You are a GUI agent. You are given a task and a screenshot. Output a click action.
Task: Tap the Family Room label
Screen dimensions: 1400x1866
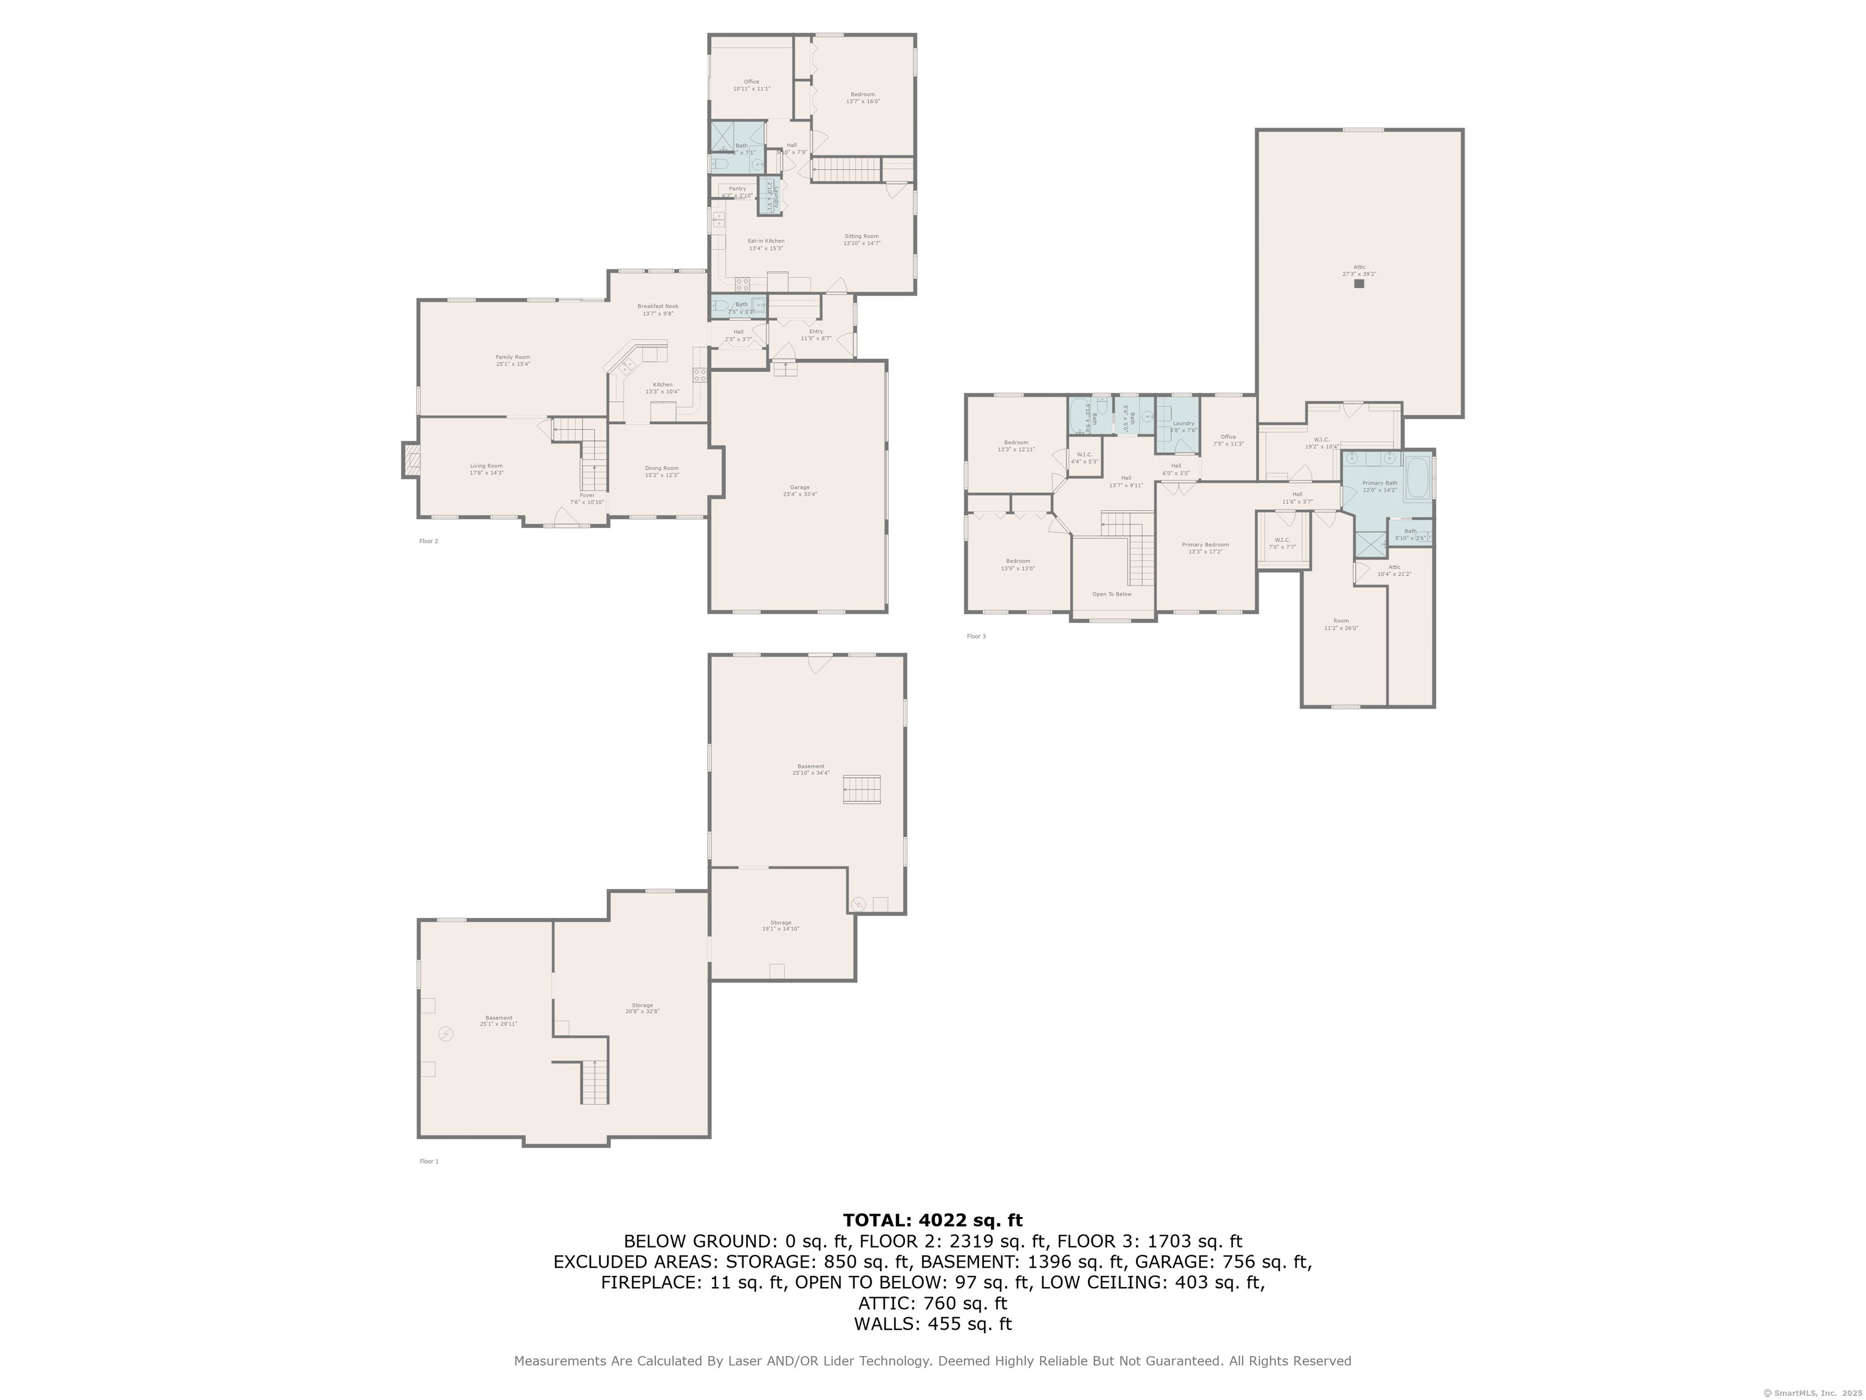tap(512, 360)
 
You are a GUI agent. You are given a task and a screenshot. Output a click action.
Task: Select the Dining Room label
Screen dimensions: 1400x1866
tap(661, 471)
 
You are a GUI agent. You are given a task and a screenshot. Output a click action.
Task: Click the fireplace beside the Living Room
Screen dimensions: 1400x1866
tap(411, 460)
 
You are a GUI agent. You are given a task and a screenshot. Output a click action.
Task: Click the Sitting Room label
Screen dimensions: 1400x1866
tap(861, 239)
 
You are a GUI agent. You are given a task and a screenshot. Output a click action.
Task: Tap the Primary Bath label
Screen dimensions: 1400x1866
tap(1379, 486)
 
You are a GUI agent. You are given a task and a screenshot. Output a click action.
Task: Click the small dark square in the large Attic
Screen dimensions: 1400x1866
tap(1359, 284)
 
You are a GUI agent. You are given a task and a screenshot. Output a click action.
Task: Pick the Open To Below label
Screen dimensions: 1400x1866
tap(1112, 594)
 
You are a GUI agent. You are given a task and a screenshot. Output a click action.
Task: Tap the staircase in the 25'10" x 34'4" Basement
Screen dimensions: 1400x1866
tap(861, 790)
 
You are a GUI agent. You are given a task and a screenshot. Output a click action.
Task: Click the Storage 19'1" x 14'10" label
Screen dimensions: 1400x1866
tap(781, 926)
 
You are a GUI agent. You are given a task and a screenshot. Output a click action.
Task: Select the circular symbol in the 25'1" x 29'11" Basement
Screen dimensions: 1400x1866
tap(445, 1034)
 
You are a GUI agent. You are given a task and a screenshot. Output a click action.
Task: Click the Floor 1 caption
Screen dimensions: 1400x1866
tap(429, 1161)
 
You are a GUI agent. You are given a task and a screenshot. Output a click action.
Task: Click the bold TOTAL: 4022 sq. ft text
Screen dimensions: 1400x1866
tap(932, 1220)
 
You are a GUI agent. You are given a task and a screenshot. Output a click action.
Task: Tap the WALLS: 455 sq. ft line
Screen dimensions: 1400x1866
tap(932, 1324)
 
